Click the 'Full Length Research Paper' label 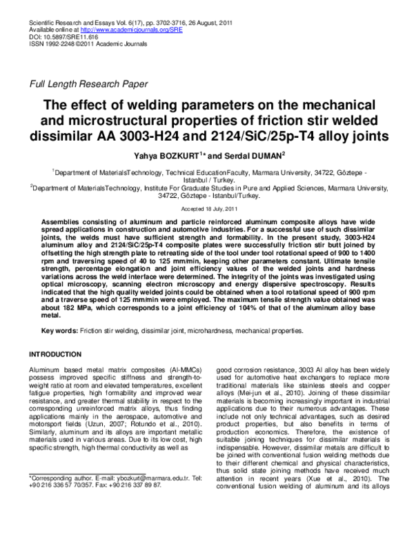click(x=86, y=85)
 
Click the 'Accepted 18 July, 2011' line click(x=207, y=208)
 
